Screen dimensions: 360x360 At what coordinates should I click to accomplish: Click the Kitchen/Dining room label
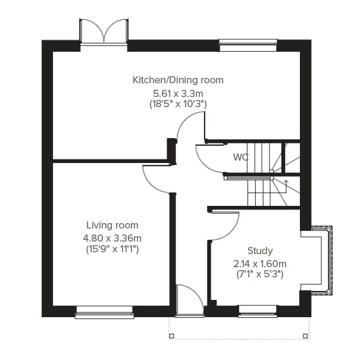pyautogui.click(x=178, y=80)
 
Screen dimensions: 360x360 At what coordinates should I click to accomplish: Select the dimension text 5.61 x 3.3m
pyautogui.click(x=178, y=93)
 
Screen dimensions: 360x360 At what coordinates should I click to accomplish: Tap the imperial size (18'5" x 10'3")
pyautogui.click(x=178, y=104)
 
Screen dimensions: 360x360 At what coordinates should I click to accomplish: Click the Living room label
pyautogui.click(x=112, y=226)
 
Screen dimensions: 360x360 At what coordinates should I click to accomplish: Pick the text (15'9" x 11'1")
pyautogui.click(x=112, y=249)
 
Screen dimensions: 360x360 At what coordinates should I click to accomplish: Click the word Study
pyautogui.click(x=261, y=251)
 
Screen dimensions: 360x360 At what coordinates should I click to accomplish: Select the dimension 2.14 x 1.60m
pyautogui.click(x=261, y=264)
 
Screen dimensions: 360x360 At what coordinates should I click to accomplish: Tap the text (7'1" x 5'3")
pyautogui.click(x=261, y=274)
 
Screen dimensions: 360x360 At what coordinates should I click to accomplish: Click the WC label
pyautogui.click(x=241, y=158)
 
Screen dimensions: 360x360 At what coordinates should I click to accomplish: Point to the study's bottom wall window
pyautogui.click(x=257, y=310)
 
